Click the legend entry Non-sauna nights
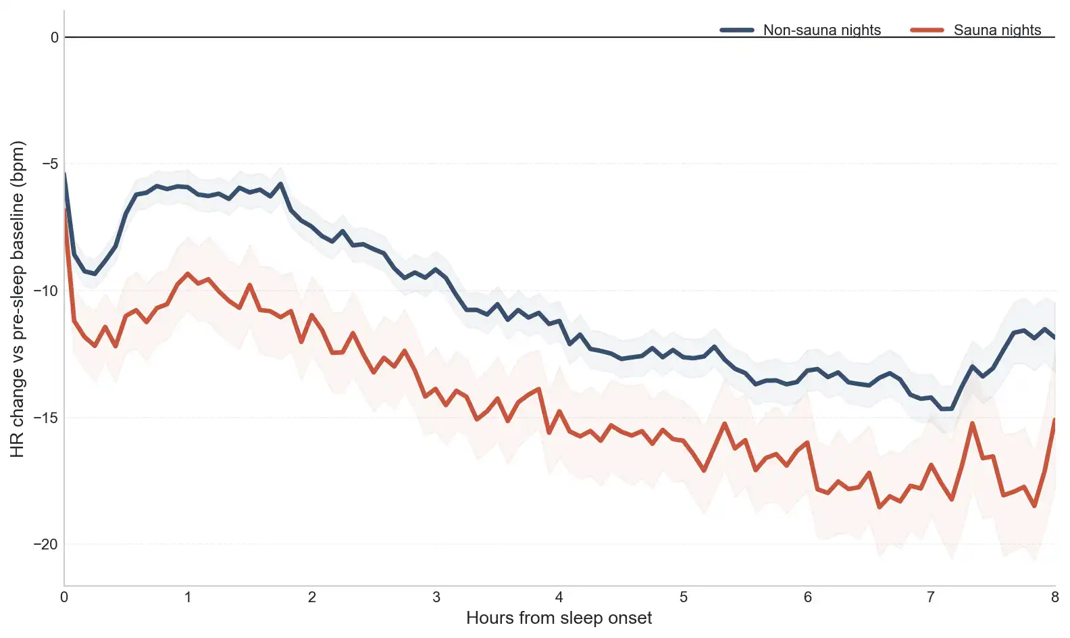(821, 30)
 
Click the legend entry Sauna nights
(997, 30)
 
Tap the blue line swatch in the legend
(737, 30)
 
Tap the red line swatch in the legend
(927, 30)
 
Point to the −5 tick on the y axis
(51, 164)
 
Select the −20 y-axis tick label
(47, 544)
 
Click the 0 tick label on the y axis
(55, 38)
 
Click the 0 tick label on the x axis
(64, 597)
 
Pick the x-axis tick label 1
(188, 597)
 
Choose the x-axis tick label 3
(436, 597)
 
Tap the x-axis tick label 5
(684, 597)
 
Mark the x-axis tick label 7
(931, 597)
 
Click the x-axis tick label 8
(1054, 597)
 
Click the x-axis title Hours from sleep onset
(559, 618)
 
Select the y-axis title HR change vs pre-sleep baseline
(18, 299)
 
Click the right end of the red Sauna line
(1054, 420)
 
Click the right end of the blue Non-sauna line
(1054, 337)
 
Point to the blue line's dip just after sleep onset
(95, 274)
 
